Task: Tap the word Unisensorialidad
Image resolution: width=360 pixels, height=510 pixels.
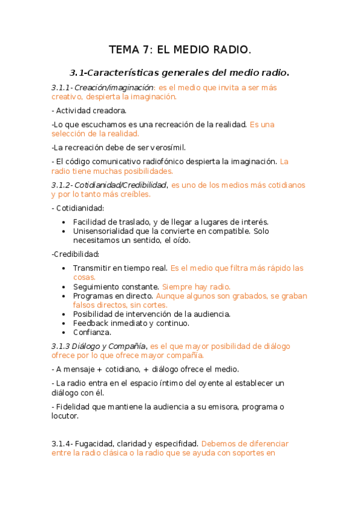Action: (x=106, y=231)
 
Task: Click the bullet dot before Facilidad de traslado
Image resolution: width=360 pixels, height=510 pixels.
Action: (x=64, y=223)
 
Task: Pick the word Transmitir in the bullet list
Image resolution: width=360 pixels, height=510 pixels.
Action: (x=92, y=268)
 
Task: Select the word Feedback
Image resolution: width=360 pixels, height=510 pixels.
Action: (x=91, y=323)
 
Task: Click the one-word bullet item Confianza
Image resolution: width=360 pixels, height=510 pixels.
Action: (x=92, y=332)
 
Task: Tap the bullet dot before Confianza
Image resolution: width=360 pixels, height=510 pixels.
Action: (x=64, y=333)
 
